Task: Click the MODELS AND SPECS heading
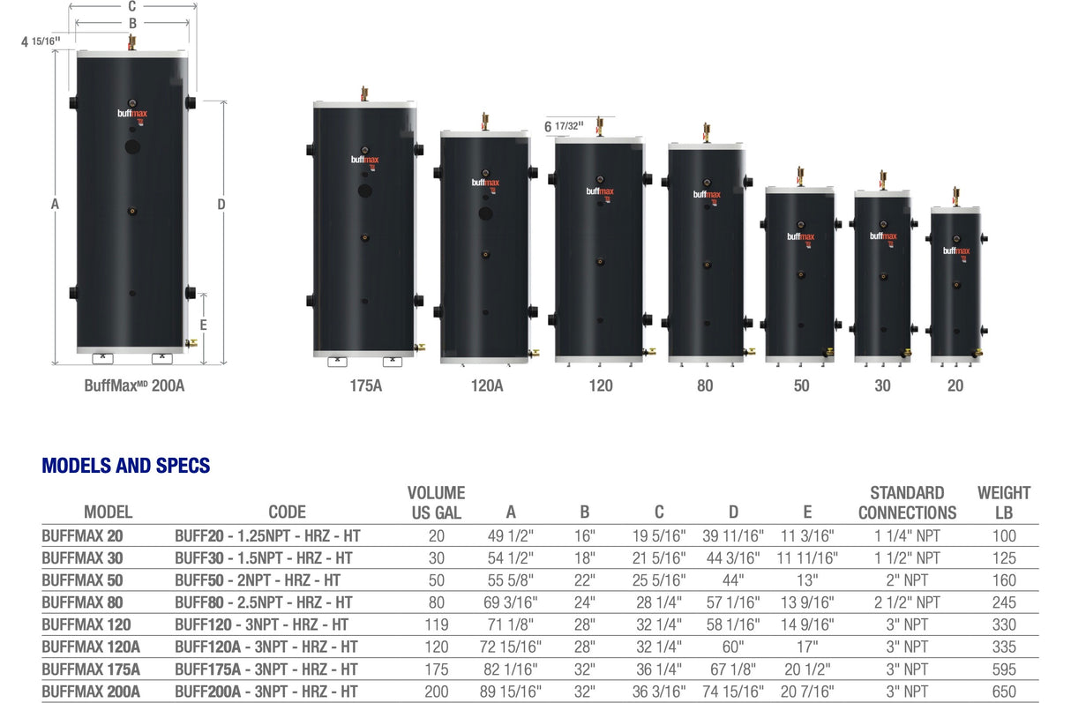(x=126, y=466)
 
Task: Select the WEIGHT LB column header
(x=1003, y=503)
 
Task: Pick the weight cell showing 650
(x=1004, y=692)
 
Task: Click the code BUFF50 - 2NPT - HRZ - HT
(x=258, y=580)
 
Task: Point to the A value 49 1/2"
(x=511, y=535)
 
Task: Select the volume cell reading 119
(x=436, y=625)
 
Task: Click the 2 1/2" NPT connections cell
(x=907, y=602)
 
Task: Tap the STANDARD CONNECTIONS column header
(x=907, y=503)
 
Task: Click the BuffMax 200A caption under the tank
(x=134, y=385)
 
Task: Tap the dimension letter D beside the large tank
(x=221, y=205)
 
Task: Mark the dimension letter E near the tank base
(x=204, y=325)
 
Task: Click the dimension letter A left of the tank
(x=55, y=205)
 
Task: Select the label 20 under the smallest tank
(x=955, y=385)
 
